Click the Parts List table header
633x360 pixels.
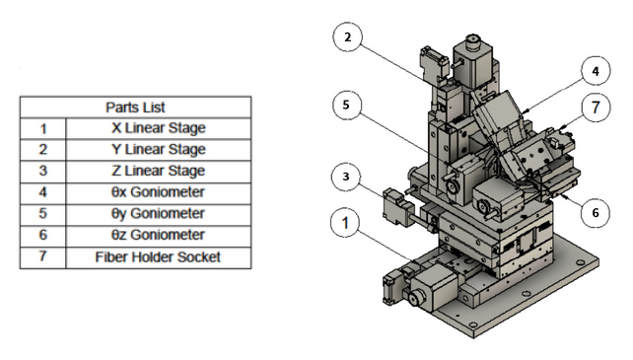(135, 106)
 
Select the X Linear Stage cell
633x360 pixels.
(158, 127)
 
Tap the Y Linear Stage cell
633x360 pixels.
(158, 149)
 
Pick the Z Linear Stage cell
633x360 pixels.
(158, 171)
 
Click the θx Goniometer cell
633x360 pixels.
(158, 192)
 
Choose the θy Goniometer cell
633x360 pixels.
(158, 214)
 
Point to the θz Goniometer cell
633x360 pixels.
(158, 236)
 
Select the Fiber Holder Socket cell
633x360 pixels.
(158, 257)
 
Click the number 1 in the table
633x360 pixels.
(42, 127)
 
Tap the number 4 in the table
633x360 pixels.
(42, 192)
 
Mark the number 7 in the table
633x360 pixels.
(42, 257)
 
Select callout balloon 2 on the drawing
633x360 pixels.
(345, 38)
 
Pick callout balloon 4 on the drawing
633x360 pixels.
(595, 71)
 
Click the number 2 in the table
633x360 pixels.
(42, 149)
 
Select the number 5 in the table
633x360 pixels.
(42, 214)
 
